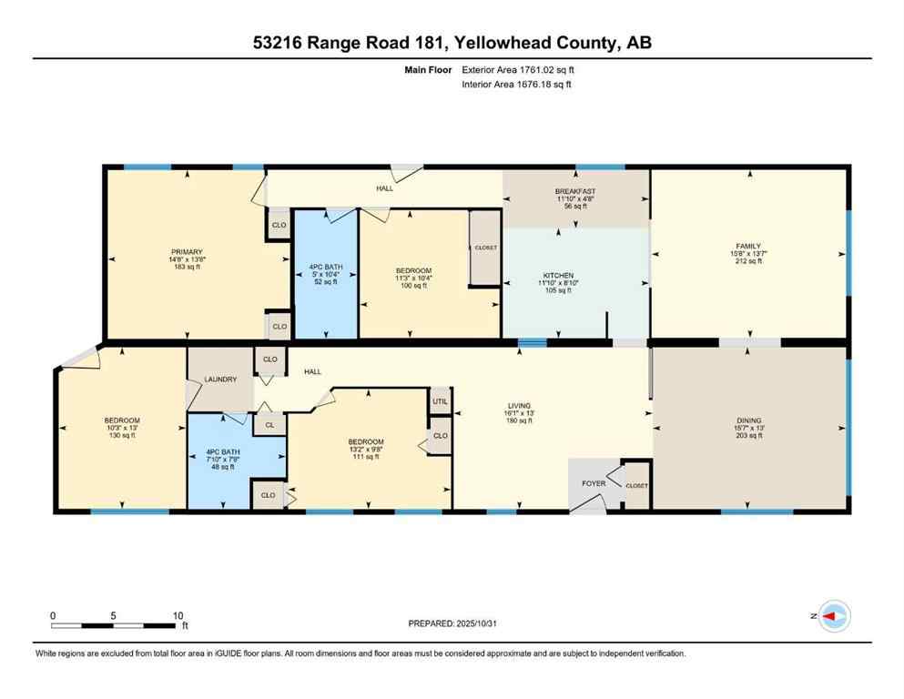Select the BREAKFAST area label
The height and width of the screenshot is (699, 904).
[x=574, y=191]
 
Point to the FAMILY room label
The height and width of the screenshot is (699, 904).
[x=747, y=246]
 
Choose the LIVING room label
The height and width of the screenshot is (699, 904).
[x=519, y=406]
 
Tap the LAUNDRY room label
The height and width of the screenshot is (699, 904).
[x=220, y=380]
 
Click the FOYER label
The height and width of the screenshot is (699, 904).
[x=594, y=483]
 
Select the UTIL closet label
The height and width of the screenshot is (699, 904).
[x=440, y=400]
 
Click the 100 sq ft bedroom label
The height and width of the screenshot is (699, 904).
[x=412, y=271]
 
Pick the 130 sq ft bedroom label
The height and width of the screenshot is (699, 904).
[x=121, y=420]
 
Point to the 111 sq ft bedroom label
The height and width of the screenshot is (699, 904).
[x=370, y=442]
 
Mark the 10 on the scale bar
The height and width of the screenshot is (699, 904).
[x=178, y=615]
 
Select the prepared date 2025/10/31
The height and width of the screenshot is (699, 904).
[x=452, y=623]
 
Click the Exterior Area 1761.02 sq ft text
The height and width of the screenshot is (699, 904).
[x=518, y=69]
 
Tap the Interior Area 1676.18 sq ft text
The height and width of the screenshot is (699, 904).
[x=516, y=85]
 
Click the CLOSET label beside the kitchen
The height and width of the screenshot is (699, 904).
[x=484, y=248]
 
